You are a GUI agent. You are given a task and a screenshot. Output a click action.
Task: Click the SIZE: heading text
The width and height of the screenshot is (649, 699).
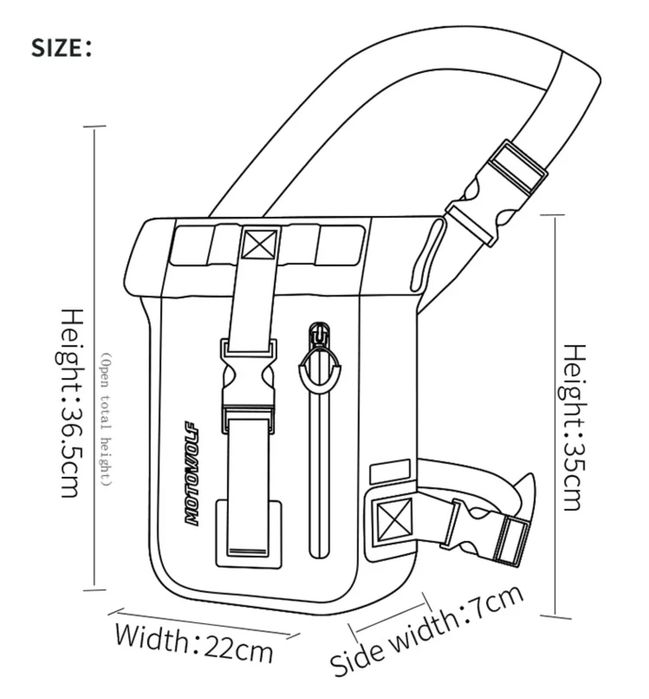[61, 48]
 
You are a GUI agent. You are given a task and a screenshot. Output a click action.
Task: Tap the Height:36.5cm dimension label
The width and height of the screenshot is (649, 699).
[70, 403]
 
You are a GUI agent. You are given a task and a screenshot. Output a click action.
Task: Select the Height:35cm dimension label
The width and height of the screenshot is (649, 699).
[573, 428]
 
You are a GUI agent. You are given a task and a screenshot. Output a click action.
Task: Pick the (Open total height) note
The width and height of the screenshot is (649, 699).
[106, 419]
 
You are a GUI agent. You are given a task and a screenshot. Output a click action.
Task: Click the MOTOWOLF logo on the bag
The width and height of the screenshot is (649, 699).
[192, 473]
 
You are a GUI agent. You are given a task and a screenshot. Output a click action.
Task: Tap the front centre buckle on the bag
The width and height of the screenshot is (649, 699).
[248, 386]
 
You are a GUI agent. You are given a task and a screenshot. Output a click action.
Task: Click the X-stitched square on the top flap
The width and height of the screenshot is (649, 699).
[260, 244]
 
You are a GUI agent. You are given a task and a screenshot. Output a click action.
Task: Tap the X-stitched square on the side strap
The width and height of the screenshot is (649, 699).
[394, 519]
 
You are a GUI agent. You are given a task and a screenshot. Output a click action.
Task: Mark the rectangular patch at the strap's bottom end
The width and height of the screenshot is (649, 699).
[248, 534]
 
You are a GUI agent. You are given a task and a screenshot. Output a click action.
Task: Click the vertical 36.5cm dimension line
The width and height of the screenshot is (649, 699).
[94, 358]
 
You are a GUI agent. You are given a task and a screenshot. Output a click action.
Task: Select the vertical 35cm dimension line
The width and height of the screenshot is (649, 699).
[555, 416]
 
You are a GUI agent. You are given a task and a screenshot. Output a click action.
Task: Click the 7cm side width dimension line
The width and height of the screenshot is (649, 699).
[390, 615]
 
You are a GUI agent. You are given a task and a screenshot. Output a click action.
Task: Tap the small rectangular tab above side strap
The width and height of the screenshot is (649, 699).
[390, 472]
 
